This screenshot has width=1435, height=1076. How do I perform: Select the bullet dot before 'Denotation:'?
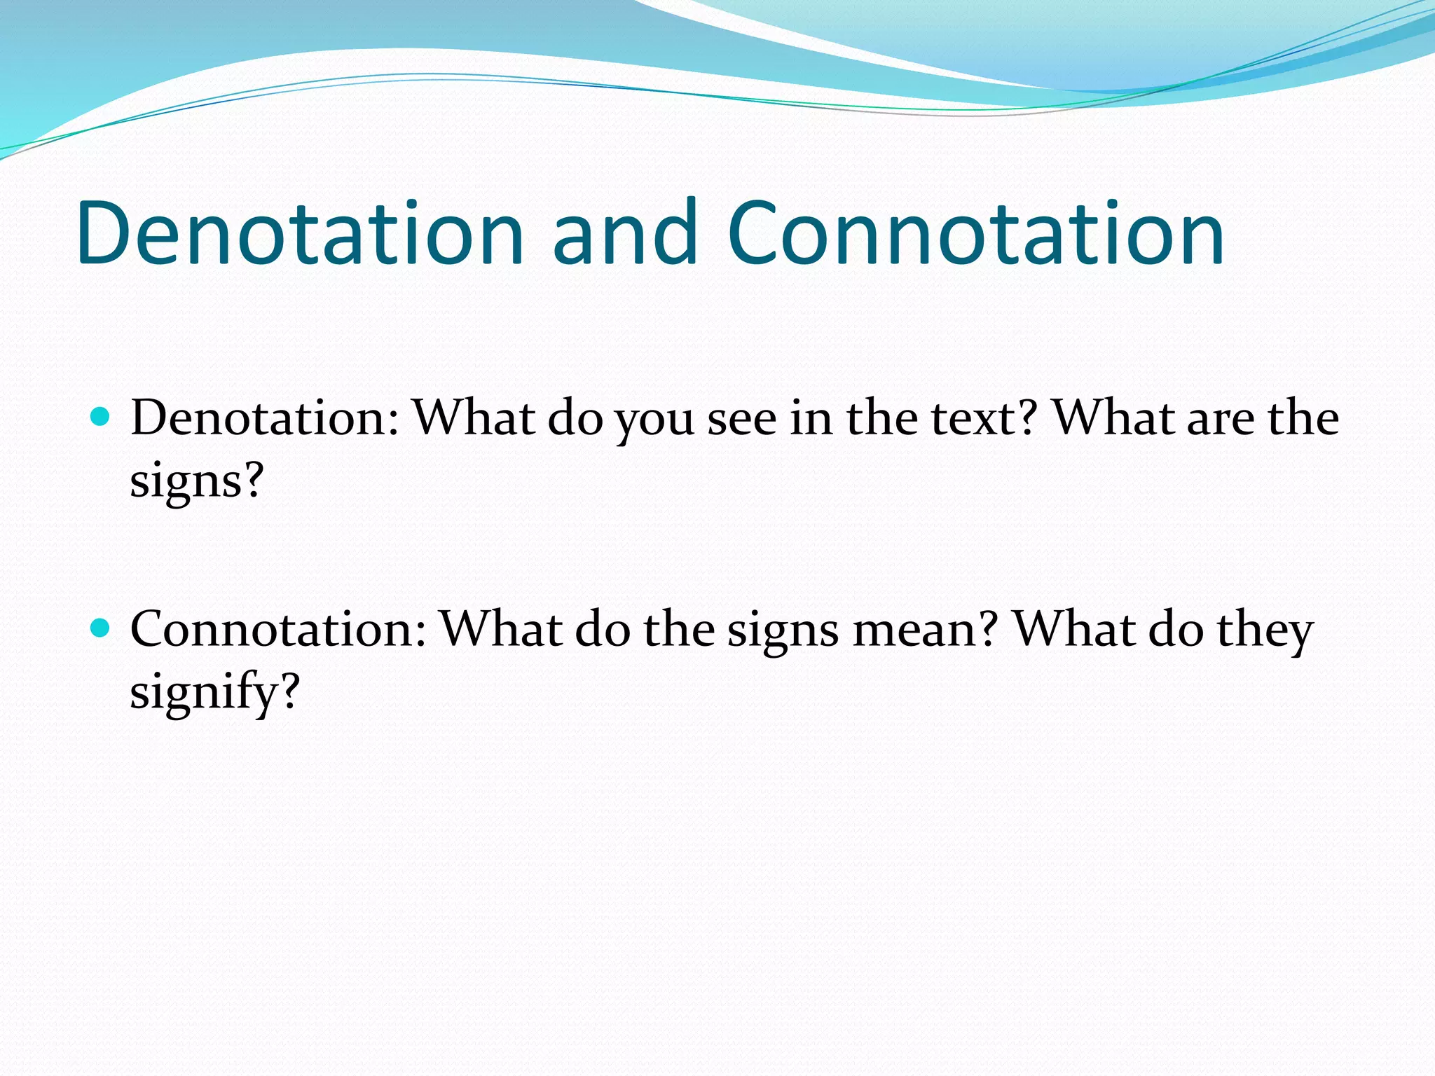tap(101, 418)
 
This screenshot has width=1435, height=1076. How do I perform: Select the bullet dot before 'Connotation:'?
tap(101, 628)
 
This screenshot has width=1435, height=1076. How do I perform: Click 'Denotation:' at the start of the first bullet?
tap(265, 418)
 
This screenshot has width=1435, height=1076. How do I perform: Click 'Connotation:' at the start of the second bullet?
tap(278, 629)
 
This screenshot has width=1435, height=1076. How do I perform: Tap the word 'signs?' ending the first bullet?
tap(196, 482)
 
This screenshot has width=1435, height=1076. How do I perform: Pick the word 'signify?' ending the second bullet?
tap(214, 692)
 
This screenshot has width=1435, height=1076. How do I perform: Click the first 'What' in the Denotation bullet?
tap(474, 418)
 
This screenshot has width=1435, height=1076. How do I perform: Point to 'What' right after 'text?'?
tap(1115, 418)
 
